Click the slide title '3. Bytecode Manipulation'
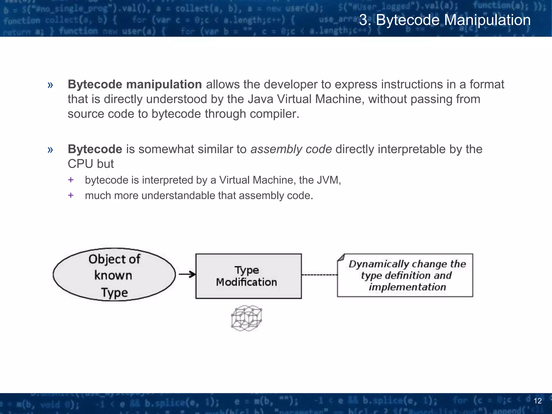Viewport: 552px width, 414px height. (x=445, y=20)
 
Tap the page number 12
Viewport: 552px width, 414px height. (x=537, y=401)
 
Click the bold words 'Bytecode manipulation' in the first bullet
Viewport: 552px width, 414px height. (x=134, y=84)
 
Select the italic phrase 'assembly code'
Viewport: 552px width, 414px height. (x=291, y=149)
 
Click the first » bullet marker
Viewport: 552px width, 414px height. (x=50, y=85)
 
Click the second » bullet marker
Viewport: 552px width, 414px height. (x=50, y=150)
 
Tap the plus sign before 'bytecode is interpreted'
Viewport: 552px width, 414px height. (x=71, y=180)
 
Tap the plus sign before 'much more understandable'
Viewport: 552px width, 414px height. (x=71, y=195)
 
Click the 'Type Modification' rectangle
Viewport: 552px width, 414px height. (x=248, y=276)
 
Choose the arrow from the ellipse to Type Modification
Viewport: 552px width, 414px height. (x=187, y=274)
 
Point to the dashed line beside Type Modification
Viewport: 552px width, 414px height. (x=319, y=275)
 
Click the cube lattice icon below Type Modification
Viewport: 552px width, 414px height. (x=247, y=318)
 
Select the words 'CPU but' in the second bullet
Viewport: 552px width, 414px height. (x=91, y=164)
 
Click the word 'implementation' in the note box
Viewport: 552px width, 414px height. (x=407, y=287)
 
